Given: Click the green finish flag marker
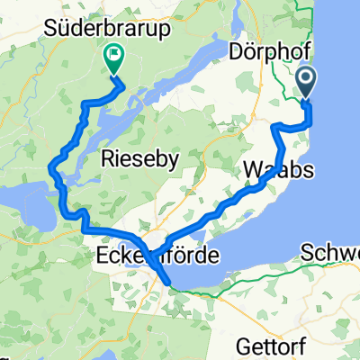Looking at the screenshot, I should tap(114, 58).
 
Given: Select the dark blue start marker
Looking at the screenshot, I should tap(307, 83).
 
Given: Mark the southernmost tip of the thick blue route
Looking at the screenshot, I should tap(172, 290).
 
